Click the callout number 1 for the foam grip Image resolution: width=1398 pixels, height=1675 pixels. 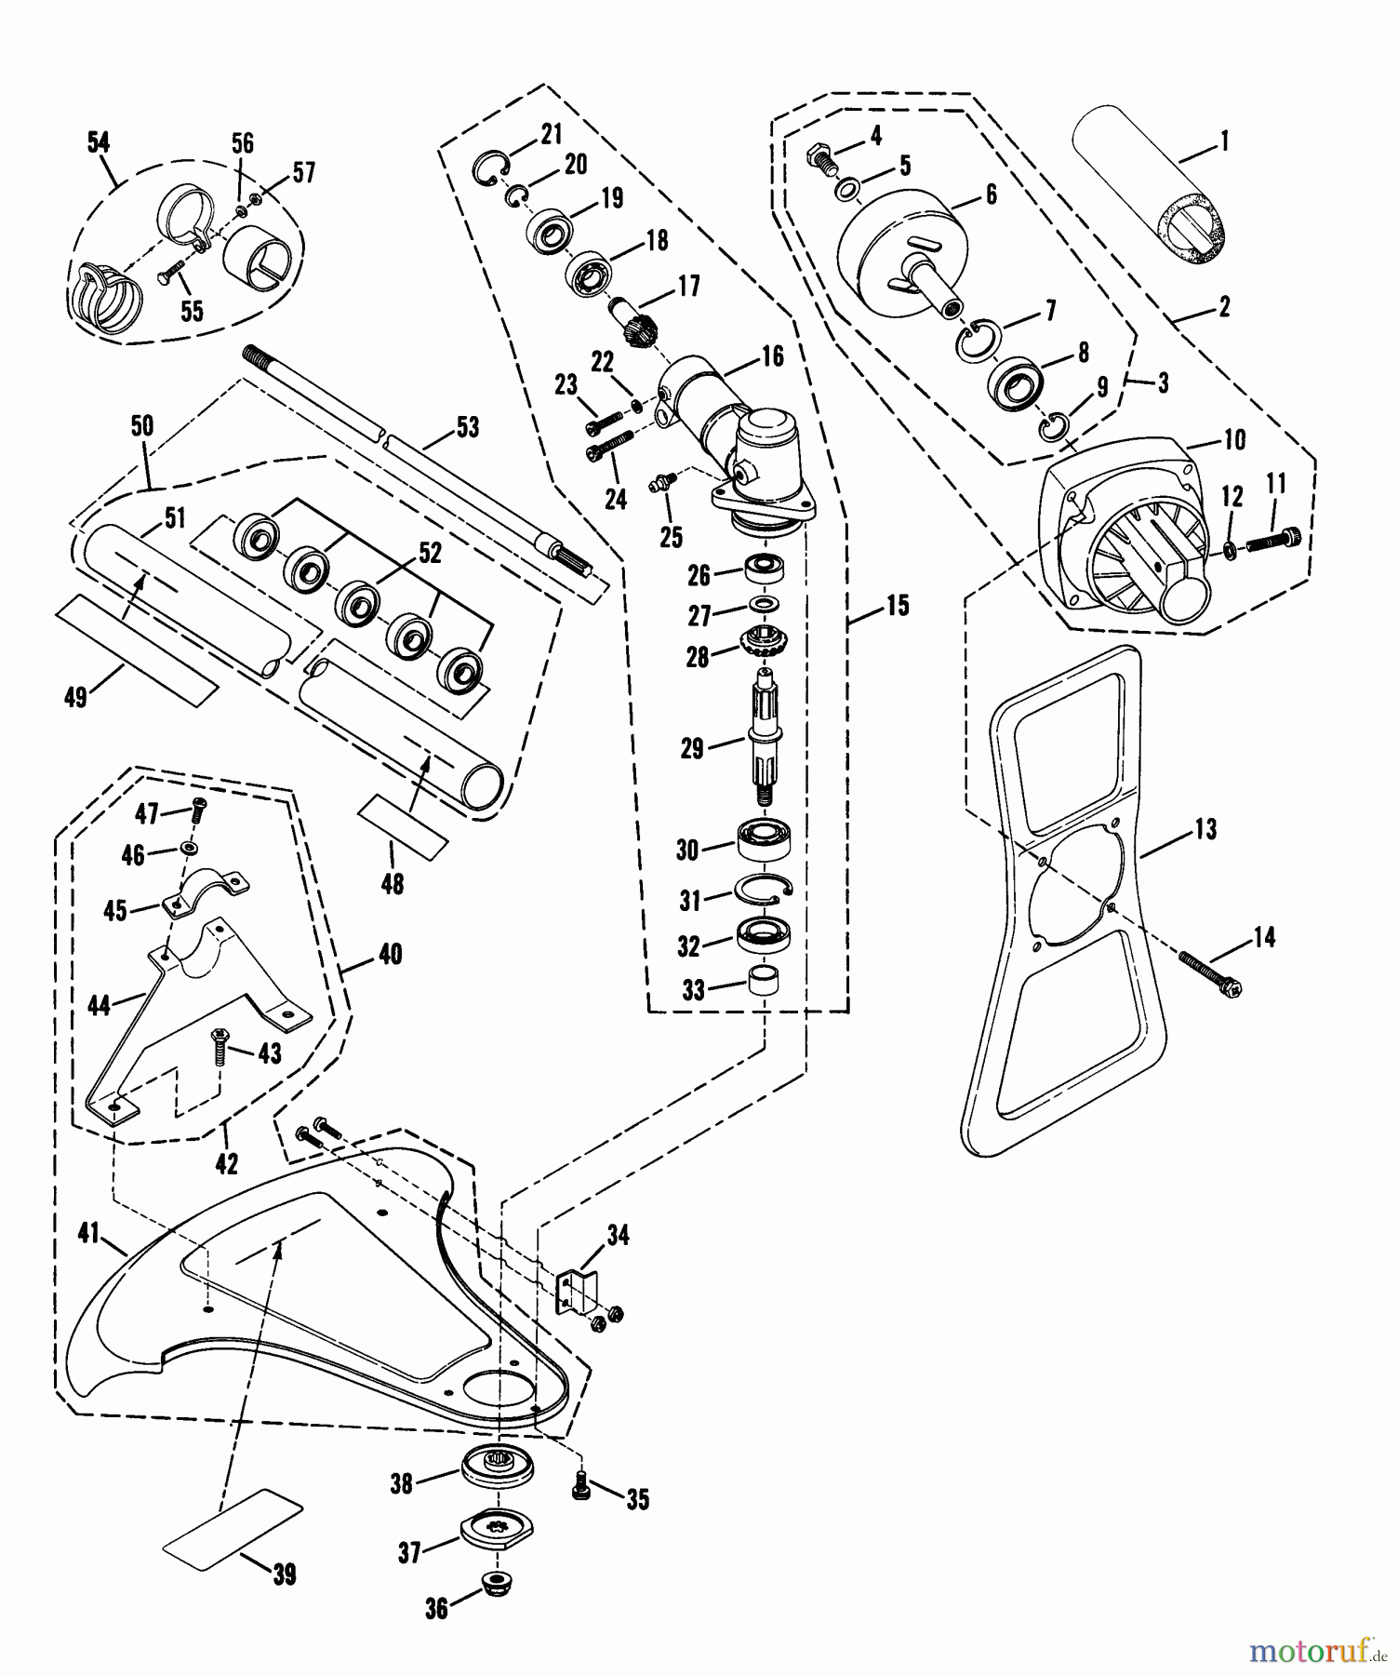point(1223,141)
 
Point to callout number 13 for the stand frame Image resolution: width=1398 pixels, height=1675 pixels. point(1205,828)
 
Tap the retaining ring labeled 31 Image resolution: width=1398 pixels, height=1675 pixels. point(764,891)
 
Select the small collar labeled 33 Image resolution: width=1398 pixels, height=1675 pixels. point(764,985)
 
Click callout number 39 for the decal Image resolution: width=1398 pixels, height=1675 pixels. point(284,1574)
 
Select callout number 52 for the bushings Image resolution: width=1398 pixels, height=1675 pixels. point(430,552)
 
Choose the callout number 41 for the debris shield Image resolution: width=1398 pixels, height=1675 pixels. point(88,1235)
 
